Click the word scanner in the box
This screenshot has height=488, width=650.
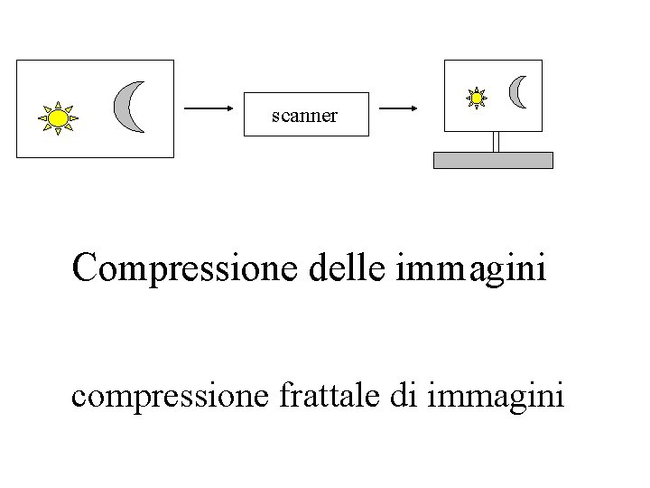305,116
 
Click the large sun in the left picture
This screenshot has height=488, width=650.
58,117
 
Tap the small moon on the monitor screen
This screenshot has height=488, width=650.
518,91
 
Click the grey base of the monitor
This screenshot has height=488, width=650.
493,160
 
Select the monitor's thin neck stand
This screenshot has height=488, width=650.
496,141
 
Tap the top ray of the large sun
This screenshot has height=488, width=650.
58,103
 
